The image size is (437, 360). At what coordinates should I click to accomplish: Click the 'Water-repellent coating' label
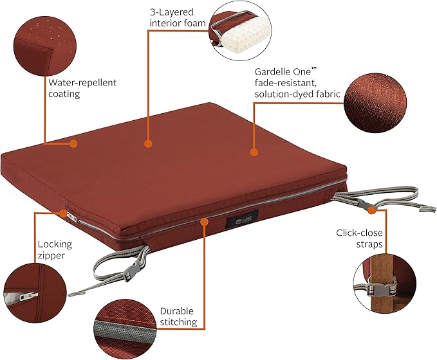pos(82,88)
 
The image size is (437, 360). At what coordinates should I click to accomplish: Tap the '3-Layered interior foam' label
pos(178,17)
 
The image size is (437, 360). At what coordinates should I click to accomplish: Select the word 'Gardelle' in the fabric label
pos(272,72)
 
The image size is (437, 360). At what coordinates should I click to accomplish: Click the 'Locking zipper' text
pos(55,249)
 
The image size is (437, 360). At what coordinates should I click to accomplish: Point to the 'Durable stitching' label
pos(178,316)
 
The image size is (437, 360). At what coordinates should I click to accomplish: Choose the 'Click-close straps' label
pos(359,239)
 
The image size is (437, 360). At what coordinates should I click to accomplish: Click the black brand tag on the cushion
pos(242,219)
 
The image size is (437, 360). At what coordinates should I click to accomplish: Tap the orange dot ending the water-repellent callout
pos(73,143)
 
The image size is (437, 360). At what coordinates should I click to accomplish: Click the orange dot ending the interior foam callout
pos(148,143)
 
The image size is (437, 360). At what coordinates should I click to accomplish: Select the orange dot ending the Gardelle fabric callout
pos(254,152)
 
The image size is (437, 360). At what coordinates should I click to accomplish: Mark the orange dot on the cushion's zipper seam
pos(204,222)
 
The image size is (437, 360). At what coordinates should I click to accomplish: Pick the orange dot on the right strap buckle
pos(371,210)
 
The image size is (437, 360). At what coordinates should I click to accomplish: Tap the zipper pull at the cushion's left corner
pos(71,217)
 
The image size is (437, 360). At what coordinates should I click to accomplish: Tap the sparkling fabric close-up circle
pos(375,103)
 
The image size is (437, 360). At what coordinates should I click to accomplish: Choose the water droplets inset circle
pos(45,46)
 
